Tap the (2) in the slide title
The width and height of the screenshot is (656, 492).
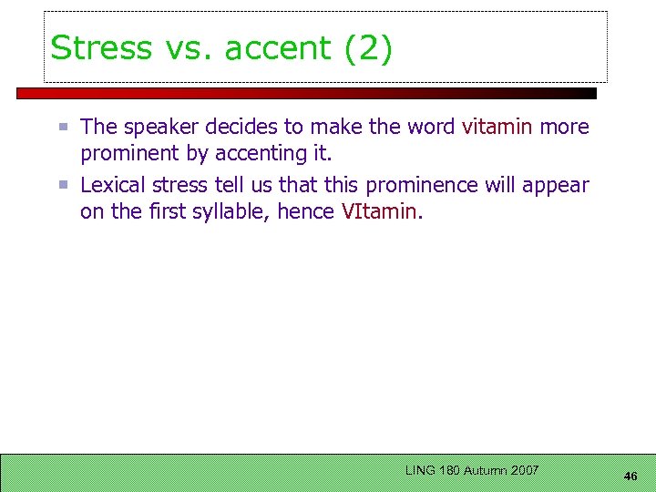coord(368,47)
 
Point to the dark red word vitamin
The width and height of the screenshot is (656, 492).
coord(497,127)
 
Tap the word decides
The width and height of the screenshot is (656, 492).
coord(247,127)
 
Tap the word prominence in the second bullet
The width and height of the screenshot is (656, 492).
coord(422,185)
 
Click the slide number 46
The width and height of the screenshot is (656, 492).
coord(630,476)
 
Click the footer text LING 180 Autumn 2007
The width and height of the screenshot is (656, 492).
coord(472,470)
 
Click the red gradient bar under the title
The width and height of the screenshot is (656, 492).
coord(306,93)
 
